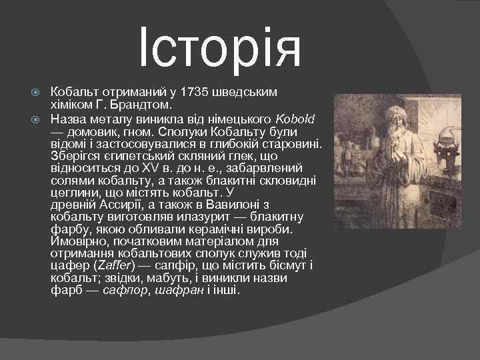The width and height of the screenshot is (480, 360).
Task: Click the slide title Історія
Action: coord(221,47)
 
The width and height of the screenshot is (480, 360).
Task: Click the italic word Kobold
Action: coord(296,118)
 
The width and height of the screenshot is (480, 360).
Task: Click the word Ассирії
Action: coord(114,204)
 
